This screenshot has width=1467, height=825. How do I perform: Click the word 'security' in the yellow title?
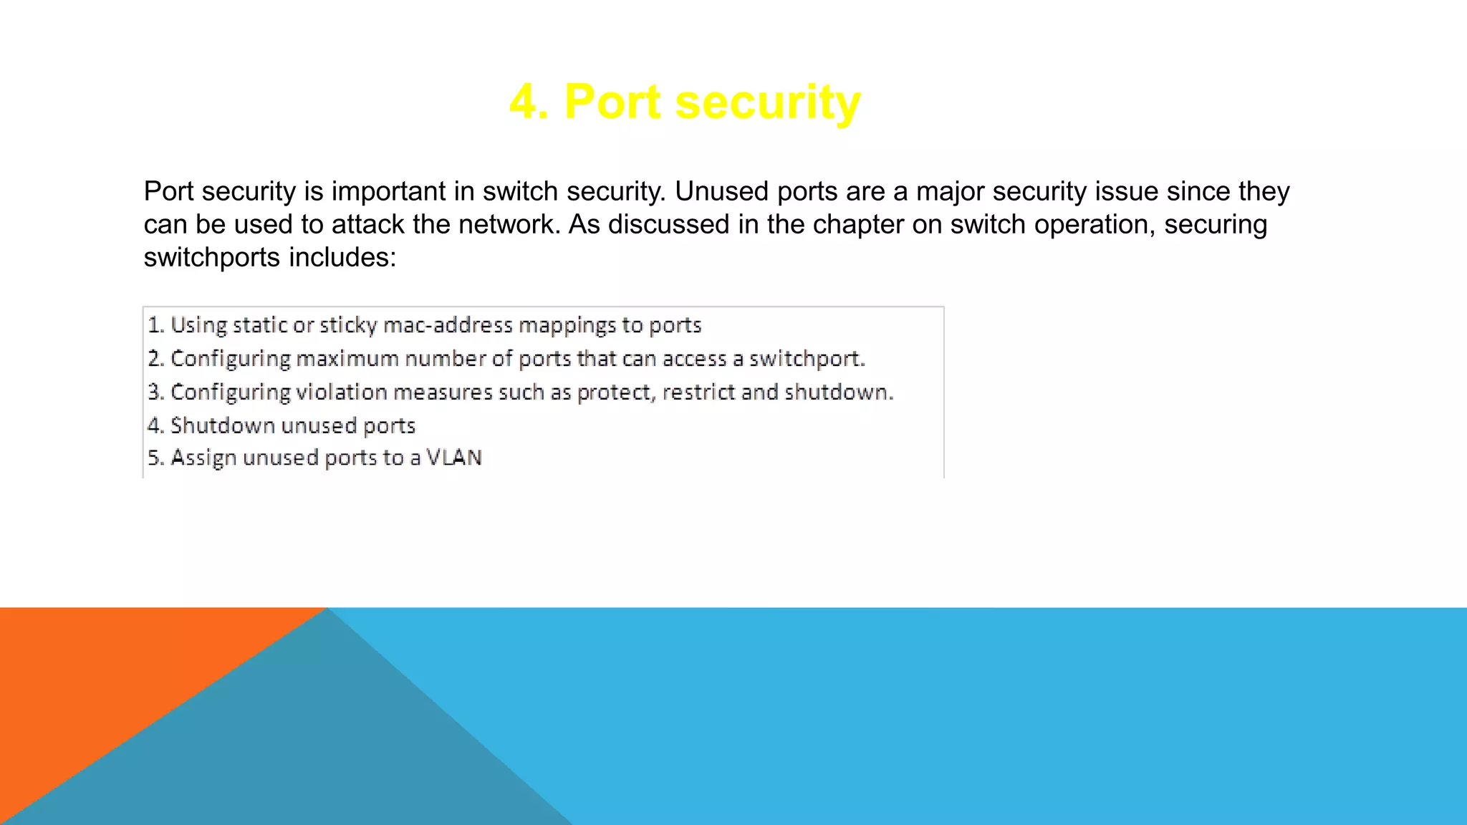[767, 102]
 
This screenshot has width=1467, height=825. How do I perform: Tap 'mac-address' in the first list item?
[448, 325]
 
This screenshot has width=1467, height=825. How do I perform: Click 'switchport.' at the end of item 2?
[807, 358]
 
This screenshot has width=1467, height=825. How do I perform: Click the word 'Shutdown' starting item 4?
[223, 425]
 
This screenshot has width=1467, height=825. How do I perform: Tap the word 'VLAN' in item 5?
[454, 458]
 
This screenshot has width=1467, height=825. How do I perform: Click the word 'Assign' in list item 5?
[203, 458]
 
